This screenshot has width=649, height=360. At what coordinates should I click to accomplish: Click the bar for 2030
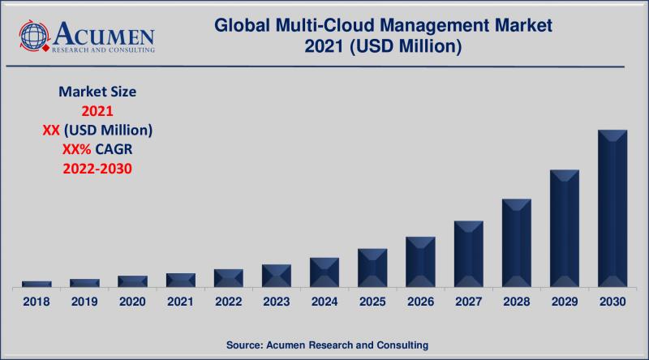612,208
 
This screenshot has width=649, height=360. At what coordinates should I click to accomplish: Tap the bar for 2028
517,242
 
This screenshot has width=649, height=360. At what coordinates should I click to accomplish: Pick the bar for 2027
469,254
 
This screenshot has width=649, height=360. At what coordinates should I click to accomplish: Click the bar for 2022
229,277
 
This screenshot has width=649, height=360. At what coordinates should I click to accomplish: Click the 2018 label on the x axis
36,302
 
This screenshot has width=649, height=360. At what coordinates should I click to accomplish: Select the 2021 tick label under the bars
180,302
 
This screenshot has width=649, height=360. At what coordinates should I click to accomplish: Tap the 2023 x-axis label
277,302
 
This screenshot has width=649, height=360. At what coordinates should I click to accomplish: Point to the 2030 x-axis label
612,302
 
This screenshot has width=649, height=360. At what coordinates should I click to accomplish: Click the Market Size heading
97,92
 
